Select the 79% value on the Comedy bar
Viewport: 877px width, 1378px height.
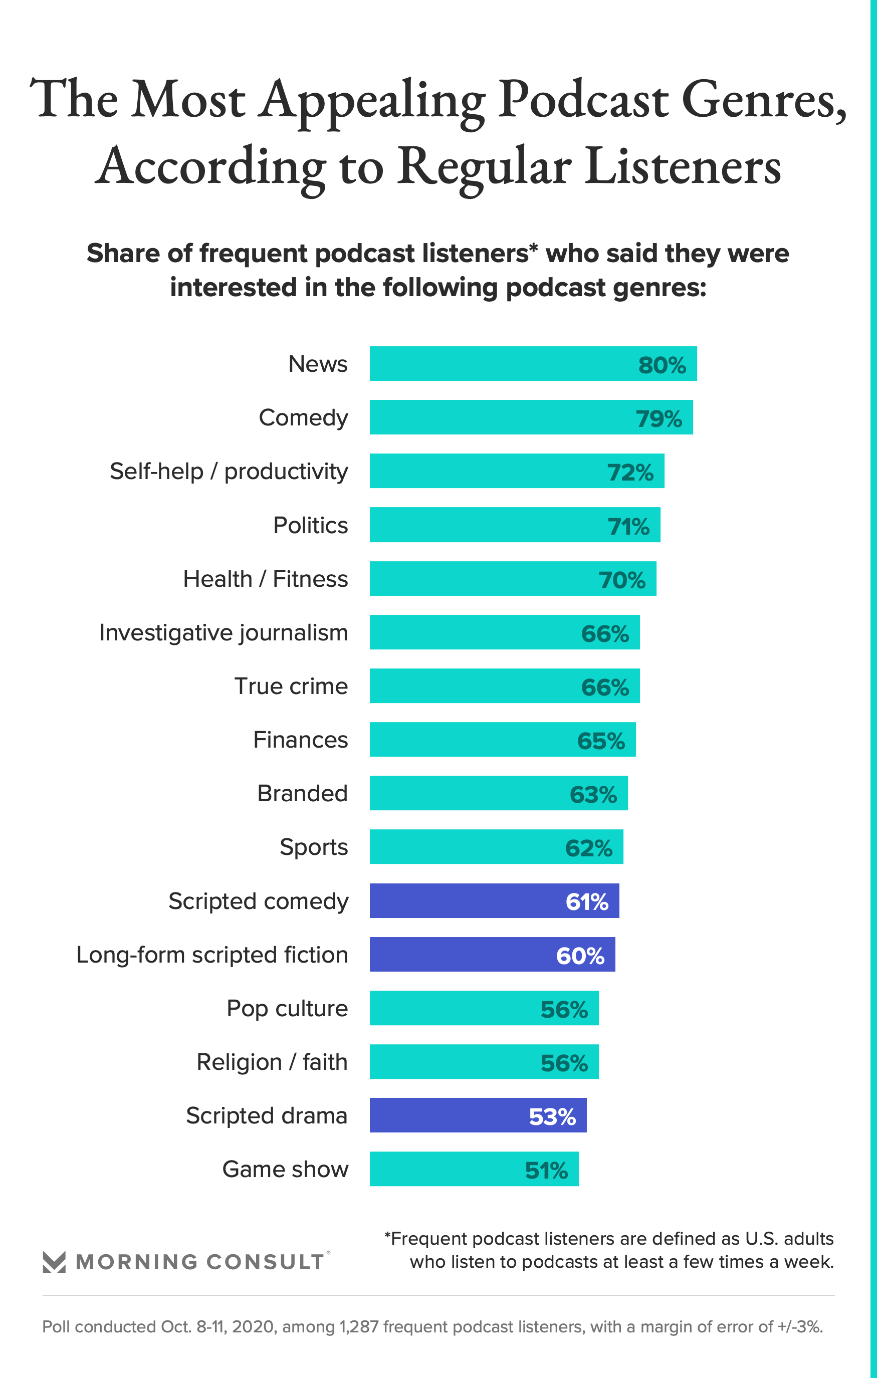coord(659,418)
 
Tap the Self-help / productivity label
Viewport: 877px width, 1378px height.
coord(229,472)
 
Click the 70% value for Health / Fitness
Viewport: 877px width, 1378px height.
coord(622,580)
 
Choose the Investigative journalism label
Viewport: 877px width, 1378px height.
coord(223,633)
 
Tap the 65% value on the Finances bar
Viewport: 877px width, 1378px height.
coord(600,741)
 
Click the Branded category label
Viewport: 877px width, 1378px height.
coord(302,794)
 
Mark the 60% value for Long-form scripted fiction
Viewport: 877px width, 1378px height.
coord(580,956)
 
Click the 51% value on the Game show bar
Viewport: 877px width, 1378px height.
coord(546,1170)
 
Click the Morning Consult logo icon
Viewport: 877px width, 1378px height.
coord(55,1261)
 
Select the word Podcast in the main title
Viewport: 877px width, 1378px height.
coord(583,100)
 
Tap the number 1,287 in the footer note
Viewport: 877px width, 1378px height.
coord(359,1326)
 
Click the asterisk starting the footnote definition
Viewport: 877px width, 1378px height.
coord(387,1236)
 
